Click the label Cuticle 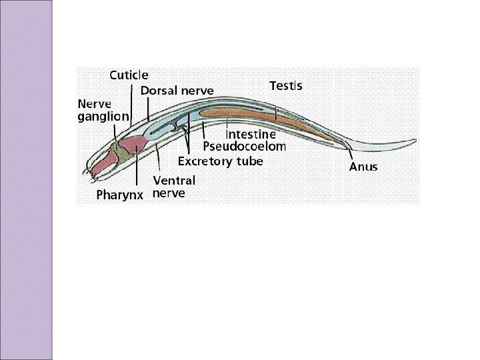pos(129,75)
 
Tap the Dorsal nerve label pos(177,91)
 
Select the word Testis pos(285,86)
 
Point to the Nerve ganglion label pos(103,110)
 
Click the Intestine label pos(250,134)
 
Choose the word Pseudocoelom pos(244,146)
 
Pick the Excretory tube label pos(220,161)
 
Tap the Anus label pos(363,167)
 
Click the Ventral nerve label pos(174,187)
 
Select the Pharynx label pos(123,195)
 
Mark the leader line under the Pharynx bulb pos(137,170)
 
